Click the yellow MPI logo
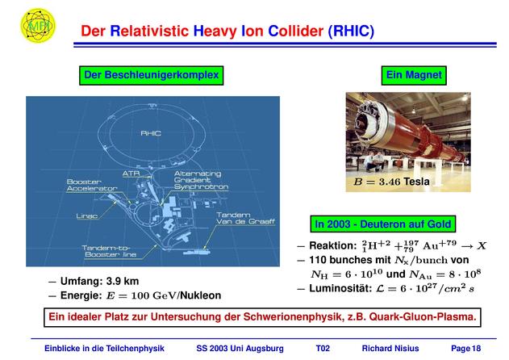click(38, 26)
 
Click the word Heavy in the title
click(215, 31)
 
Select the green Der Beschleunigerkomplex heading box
click(152, 75)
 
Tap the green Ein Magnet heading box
click(414, 75)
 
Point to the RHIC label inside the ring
click(151, 133)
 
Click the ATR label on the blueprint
click(131, 174)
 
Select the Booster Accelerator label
click(92, 185)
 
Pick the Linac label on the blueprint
click(87, 216)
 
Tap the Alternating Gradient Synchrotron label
click(201, 180)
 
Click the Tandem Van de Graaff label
click(245, 218)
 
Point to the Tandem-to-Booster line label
click(109, 252)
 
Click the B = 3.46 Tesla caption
click(392, 182)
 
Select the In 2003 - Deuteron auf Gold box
click(383, 224)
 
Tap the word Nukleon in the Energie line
click(201, 295)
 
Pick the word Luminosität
click(340, 288)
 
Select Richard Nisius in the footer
click(390, 349)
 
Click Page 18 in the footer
click(465, 349)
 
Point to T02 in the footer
click(323, 349)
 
